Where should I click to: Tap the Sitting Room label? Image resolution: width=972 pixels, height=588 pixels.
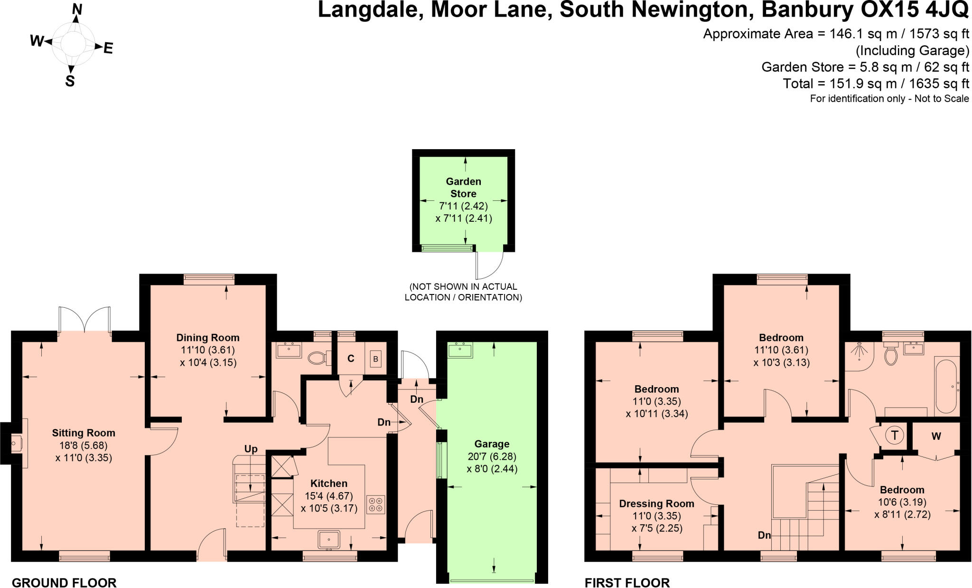(84, 433)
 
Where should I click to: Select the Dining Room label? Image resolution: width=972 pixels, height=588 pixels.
(208, 338)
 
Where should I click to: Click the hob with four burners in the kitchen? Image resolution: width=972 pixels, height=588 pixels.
(375, 504)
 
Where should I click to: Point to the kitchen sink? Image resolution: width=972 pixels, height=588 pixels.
(329, 540)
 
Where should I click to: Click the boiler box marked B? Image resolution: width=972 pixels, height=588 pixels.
(375, 359)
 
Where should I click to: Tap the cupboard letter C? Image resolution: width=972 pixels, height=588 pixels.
(351, 359)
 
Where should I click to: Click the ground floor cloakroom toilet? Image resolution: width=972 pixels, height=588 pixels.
(318, 357)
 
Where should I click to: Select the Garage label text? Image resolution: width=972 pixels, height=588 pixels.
(492, 444)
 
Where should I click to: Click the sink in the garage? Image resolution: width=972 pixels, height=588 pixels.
(460, 350)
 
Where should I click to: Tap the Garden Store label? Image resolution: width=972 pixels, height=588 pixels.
(463, 188)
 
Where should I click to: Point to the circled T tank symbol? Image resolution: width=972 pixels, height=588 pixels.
(895, 435)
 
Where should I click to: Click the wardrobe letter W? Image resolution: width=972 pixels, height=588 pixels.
(936, 436)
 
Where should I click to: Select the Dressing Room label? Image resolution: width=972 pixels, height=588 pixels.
(656, 503)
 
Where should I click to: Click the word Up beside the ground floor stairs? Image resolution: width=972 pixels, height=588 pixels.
(251, 449)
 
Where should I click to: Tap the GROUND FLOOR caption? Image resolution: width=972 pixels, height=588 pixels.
(64, 582)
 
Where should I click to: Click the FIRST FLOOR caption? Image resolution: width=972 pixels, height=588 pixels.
(627, 582)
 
